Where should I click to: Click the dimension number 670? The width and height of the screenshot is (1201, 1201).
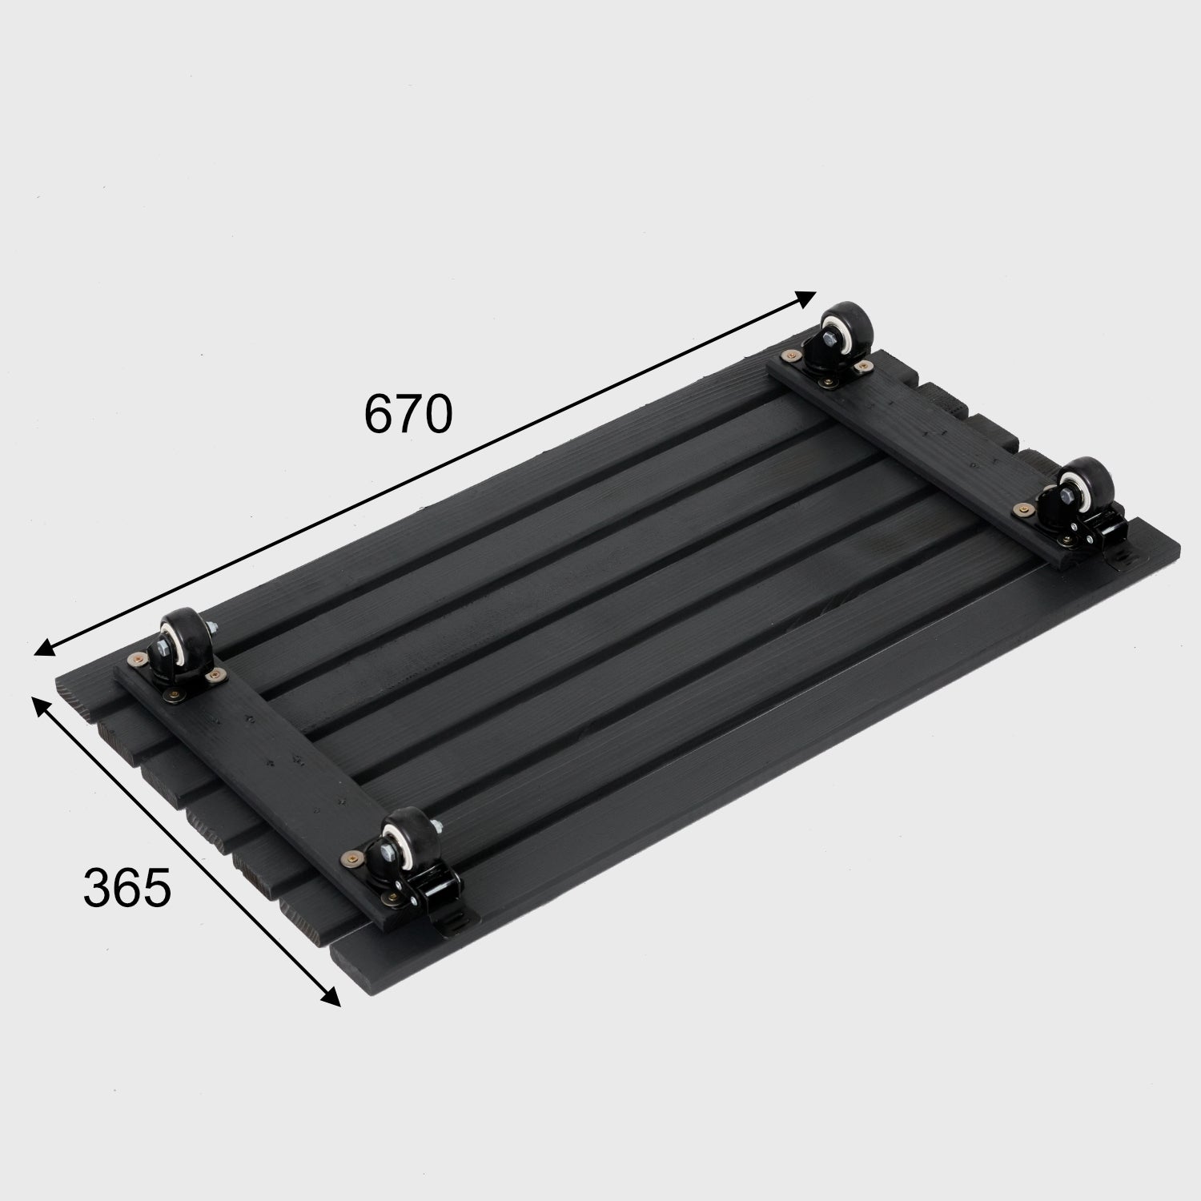408,413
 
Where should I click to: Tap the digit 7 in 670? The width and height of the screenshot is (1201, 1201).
408,413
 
